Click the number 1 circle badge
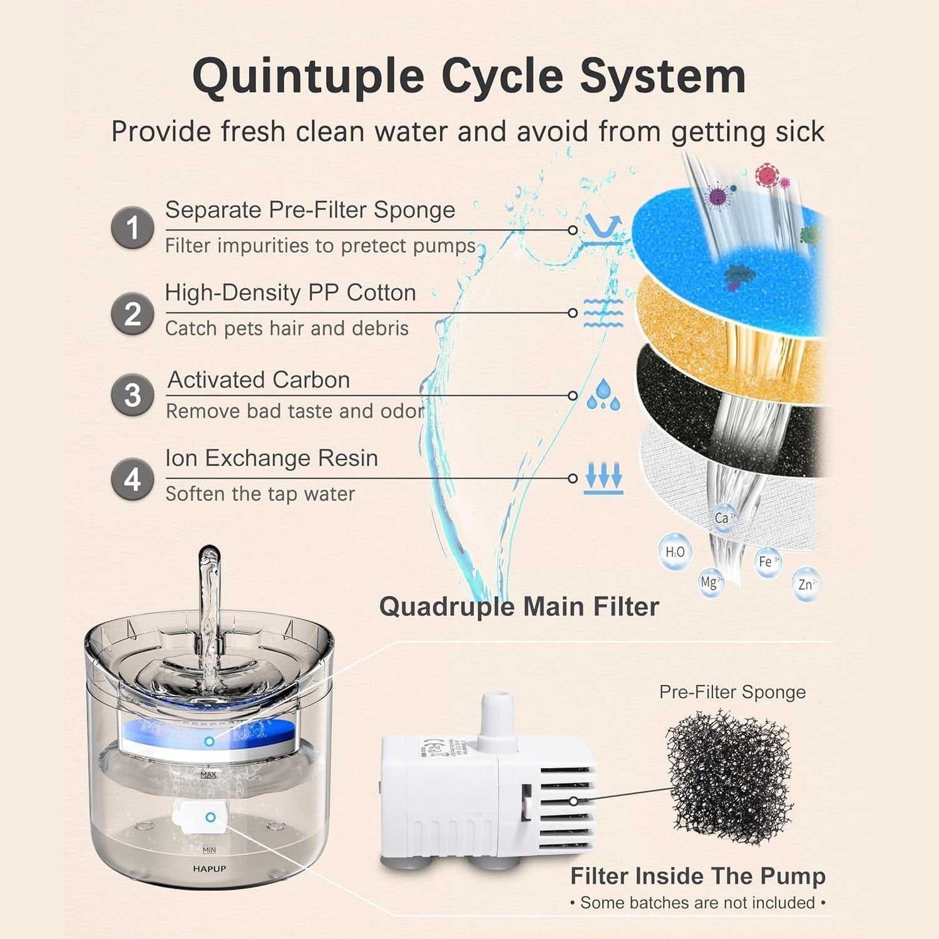[x=133, y=228]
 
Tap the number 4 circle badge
[x=133, y=480]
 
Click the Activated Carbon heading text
[x=259, y=380]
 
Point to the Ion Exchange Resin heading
[x=272, y=458]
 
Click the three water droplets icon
[x=603, y=394]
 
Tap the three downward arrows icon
[x=603, y=478]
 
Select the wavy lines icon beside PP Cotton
[x=603, y=312]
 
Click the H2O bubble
[x=675, y=552]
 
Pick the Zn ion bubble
[x=806, y=584]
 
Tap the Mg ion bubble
[x=711, y=582]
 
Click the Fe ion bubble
[x=767, y=562]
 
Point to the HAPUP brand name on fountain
[x=209, y=869]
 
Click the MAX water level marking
[x=208, y=775]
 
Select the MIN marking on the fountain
[x=209, y=849]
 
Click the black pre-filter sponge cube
[x=729, y=776]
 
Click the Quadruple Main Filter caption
[x=519, y=607]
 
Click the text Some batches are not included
[x=697, y=903]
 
